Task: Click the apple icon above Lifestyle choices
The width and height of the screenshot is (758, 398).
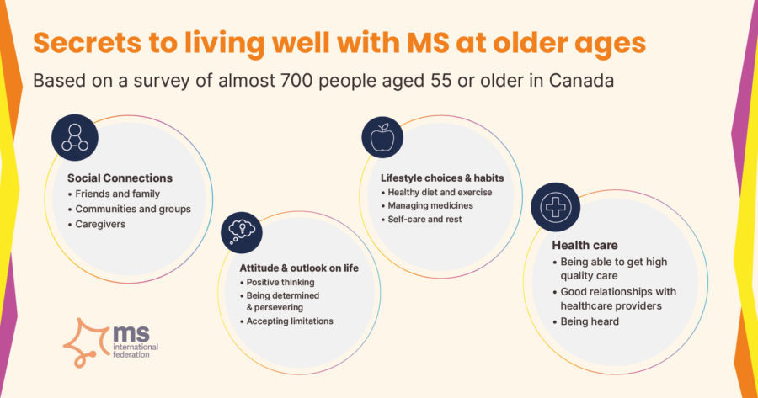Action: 382,137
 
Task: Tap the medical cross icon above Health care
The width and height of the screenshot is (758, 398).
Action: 556,207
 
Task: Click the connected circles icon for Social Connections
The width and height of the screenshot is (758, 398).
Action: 75,138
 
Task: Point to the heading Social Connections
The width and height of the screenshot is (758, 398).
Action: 120,178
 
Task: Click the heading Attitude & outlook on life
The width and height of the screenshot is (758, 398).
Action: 299,268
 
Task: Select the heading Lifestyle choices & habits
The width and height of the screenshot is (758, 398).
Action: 442,178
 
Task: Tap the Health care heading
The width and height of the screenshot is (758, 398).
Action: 585,246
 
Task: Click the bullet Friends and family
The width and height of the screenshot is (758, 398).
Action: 117,194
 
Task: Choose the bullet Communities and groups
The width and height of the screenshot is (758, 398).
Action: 133,210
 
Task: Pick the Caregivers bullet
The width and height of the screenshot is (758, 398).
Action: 100,224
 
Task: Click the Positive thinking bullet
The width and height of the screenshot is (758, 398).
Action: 280,283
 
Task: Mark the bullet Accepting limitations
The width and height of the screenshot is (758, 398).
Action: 290,321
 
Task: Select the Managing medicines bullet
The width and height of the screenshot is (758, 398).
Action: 430,206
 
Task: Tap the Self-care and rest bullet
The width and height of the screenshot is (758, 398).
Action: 424,220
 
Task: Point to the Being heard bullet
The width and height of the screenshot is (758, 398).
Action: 590,321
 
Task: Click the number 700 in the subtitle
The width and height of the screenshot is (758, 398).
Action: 296,81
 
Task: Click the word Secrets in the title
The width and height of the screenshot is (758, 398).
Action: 88,43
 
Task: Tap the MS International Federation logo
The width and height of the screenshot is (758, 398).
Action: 110,342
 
